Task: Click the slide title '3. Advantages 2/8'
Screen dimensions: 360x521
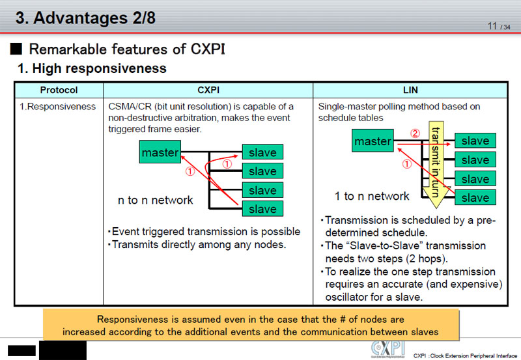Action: pos(85,18)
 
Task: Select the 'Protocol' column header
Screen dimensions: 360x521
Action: pos(59,90)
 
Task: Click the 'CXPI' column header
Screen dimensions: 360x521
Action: pos(208,90)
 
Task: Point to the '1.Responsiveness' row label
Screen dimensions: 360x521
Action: pos(59,106)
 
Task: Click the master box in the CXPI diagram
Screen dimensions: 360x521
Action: pos(160,153)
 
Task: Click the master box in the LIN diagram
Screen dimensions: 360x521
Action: pos(373,141)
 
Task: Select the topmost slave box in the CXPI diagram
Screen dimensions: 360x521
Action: pos(262,153)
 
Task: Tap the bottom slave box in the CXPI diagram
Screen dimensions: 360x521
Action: pos(262,209)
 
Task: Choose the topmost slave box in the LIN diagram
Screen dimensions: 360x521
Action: pos(475,141)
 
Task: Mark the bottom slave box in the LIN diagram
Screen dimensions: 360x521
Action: pos(475,197)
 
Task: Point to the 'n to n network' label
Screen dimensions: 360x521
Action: pos(155,201)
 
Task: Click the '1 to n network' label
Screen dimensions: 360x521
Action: pos(372,196)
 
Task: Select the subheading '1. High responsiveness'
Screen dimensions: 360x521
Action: pos(92,68)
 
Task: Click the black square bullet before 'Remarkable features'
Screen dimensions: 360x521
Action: pos(17,49)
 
